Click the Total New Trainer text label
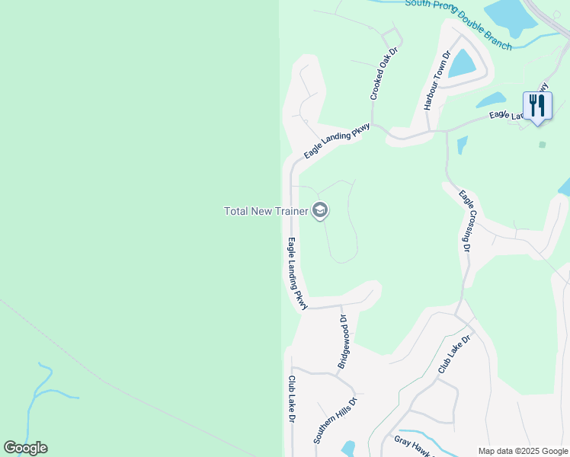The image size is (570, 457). point(265,211)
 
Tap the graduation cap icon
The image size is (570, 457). point(320,211)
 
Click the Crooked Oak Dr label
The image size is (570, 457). point(385,73)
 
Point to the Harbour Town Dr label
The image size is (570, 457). point(437,81)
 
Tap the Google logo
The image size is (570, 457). point(25,448)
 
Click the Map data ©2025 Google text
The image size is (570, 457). point(522,451)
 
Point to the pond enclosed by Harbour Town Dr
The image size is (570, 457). point(461,64)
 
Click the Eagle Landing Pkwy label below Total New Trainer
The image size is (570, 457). point(297,273)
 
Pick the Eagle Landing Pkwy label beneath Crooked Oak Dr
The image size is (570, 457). point(337,141)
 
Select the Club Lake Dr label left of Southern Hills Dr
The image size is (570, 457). point(291,399)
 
